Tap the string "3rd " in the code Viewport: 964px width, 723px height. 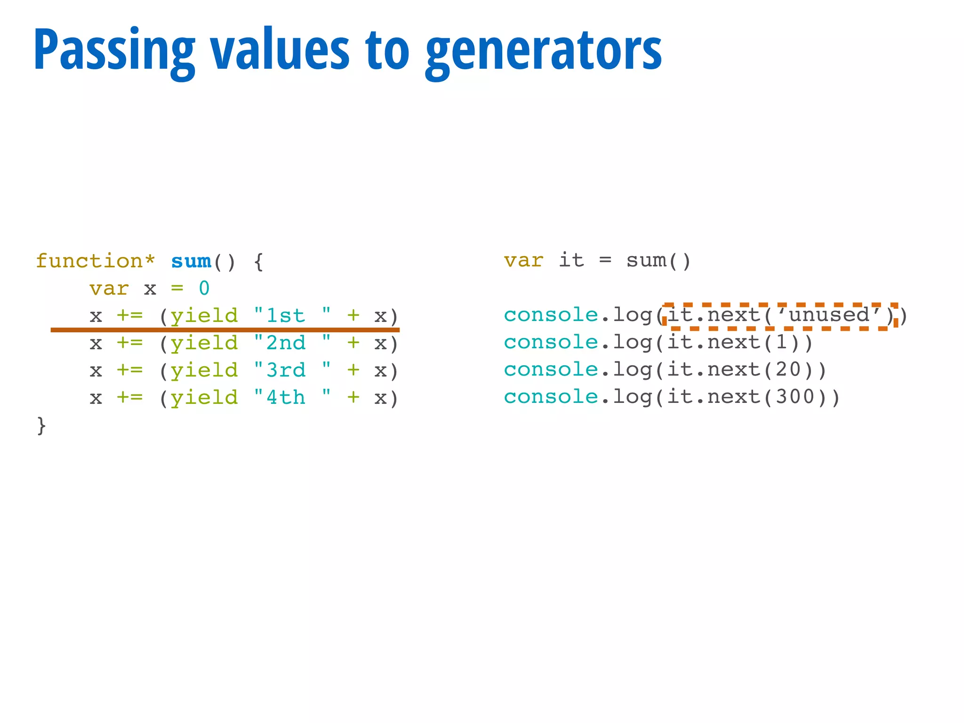[x=292, y=370]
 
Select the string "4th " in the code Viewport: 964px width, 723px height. [x=292, y=398]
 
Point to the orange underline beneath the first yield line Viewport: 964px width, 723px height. [x=225, y=330]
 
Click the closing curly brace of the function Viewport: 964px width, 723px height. [x=41, y=426]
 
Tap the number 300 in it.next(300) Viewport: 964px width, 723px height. [x=795, y=397]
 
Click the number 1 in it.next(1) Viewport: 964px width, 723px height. [x=781, y=342]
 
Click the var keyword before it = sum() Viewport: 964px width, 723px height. [x=523, y=260]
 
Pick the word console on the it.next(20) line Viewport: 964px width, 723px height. [x=551, y=370]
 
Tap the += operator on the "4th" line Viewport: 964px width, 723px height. [x=129, y=398]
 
